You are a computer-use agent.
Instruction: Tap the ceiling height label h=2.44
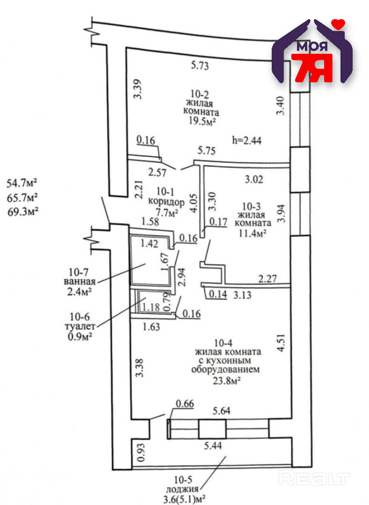(x=246, y=140)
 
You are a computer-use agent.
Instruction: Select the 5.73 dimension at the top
(x=200, y=65)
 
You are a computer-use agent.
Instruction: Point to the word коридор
(x=166, y=202)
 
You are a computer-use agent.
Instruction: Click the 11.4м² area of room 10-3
(x=252, y=232)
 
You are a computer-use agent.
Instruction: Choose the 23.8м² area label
(x=227, y=381)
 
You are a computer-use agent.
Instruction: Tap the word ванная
(x=80, y=281)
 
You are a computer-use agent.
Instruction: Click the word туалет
(x=80, y=326)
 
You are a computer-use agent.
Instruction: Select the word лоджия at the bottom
(x=183, y=490)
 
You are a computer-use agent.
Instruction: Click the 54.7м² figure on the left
(x=22, y=183)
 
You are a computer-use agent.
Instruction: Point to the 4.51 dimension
(x=281, y=343)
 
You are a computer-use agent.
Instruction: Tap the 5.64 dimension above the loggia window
(x=222, y=411)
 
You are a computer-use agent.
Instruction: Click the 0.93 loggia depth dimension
(x=141, y=453)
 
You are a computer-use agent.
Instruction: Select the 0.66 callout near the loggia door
(x=185, y=404)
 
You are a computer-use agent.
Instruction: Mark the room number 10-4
(x=223, y=343)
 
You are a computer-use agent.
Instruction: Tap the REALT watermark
(x=314, y=478)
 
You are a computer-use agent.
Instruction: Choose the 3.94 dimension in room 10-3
(x=282, y=213)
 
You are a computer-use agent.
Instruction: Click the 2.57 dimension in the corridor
(x=157, y=173)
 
